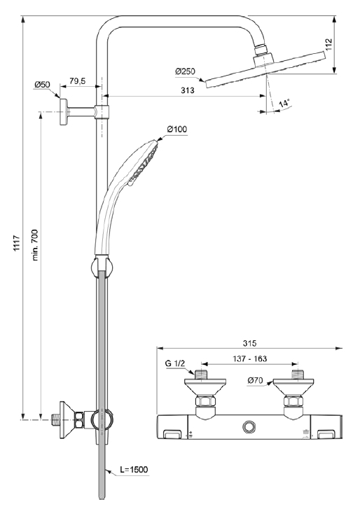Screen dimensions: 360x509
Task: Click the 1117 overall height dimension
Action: [x=17, y=242]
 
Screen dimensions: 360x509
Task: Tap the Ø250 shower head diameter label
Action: [x=185, y=71]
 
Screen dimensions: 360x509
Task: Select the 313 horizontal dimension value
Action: [x=188, y=90]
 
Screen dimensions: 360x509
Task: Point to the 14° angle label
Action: [x=284, y=104]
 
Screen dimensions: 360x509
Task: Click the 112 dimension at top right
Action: [x=329, y=45]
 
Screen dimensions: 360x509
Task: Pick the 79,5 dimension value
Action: [x=77, y=81]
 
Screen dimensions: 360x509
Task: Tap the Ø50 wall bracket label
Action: [x=42, y=85]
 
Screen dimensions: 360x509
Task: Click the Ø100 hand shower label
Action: [x=177, y=129]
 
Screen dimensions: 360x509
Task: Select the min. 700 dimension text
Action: [x=35, y=245]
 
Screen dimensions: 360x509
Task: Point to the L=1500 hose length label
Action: [x=134, y=469]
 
